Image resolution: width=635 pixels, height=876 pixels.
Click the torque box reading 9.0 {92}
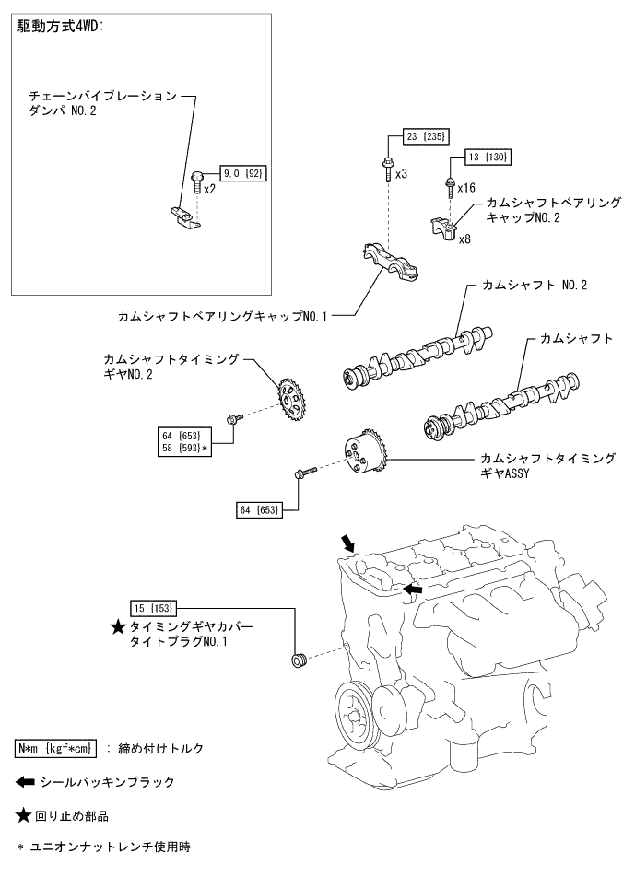(x=241, y=172)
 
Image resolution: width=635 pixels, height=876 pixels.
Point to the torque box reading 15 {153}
(x=153, y=608)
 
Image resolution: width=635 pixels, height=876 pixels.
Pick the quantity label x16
(x=465, y=188)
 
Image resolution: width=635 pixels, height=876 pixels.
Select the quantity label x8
(x=465, y=239)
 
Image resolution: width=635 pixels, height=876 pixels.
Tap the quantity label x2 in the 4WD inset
(x=209, y=189)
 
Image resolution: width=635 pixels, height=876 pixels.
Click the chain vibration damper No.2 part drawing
(x=185, y=217)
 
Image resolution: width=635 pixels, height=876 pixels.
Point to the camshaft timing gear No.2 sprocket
(x=291, y=399)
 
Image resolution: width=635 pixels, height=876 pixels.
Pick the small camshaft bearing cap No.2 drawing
(x=441, y=228)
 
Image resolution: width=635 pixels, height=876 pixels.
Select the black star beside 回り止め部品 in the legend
(x=25, y=815)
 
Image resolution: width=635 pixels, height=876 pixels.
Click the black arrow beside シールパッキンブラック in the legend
(x=26, y=782)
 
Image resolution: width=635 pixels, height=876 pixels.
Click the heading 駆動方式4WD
(x=60, y=27)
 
